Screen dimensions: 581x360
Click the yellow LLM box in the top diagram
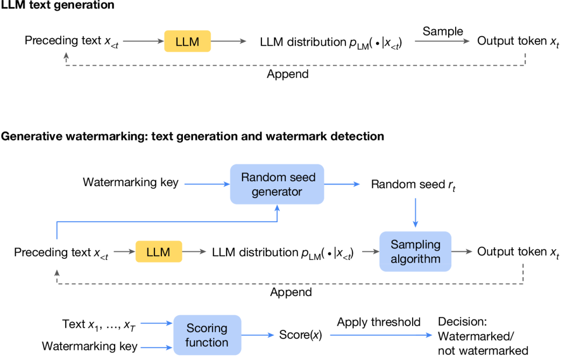pos(188,41)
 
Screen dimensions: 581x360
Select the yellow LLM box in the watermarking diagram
pos(159,252)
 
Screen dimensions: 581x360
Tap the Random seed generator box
pos(277,184)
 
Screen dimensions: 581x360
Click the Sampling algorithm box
pos(415,251)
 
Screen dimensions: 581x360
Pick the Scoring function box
pos(207,335)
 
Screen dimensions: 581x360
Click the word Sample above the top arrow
pos(443,32)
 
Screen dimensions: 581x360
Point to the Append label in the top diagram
pos(287,74)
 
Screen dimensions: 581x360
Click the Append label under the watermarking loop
pos(291,292)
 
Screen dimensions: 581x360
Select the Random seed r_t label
pos(413,185)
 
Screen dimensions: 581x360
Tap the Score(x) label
pos(301,335)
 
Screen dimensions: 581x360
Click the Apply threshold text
pos(379,322)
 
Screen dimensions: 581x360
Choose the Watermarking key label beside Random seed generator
pos(131,182)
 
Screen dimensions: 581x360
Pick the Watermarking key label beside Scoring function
pos(90,347)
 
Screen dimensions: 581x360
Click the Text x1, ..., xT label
pos(99,324)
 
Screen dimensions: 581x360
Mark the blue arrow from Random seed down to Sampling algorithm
pos(415,213)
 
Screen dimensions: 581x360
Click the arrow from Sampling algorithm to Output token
pos(462,252)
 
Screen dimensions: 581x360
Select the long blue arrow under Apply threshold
pos(381,335)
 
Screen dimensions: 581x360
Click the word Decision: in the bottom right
pos(463,321)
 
